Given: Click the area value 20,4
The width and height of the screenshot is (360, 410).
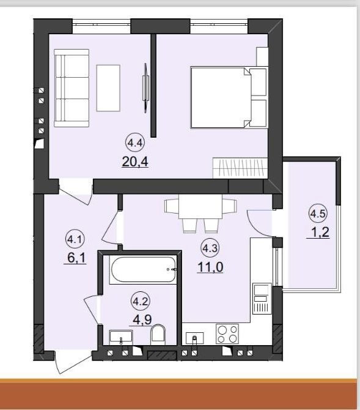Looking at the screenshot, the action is pyautogui.click(x=135, y=162).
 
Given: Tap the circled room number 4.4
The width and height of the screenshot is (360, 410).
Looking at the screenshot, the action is pyautogui.click(x=135, y=143).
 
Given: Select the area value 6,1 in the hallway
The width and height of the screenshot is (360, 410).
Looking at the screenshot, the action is pyautogui.click(x=76, y=258).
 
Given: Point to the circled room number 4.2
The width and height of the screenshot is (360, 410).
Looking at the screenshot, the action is pyautogui.click(x=141, y=302).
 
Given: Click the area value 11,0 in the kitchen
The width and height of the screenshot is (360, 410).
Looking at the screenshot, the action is pyautogui.click(x=210, y=267).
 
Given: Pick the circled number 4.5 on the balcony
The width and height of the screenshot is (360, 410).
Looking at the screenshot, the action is pyautogui.click(x=318, y=214).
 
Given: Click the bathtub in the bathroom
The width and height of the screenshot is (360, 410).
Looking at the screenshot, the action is pyautogui.click(x=143, y=270).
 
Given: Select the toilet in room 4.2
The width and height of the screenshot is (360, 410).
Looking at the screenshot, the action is pyautogui.click(x=158, y=335).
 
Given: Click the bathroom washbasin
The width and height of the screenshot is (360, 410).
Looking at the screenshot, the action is pyautogui.click(x=121, y=338).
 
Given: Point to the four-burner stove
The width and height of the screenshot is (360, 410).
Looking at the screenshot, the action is pyautogui.click(x=227, y=334).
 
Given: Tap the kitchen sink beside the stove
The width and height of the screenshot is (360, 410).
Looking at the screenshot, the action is pyautogui.click(x=194, y=338).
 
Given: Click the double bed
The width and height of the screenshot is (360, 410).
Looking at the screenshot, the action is pyautogui.click(x=229, y=97).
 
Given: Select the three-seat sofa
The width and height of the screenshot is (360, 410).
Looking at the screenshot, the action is pyautogui.click(x=72, y=88).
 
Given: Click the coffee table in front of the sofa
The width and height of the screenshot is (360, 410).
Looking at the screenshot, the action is pyautogui.click(x=108, y=88).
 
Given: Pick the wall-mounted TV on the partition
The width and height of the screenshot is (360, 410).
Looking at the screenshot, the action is pyautogui.click(x=146, y=88).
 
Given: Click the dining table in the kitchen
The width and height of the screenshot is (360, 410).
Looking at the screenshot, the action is pyautogui.click(x=200, y=206).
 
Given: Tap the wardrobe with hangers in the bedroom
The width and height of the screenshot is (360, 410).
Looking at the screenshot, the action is pyautogui.click(x=240, y=168).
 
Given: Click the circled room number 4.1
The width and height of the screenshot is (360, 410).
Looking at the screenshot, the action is pyautogui.click(x=75, y=239).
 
